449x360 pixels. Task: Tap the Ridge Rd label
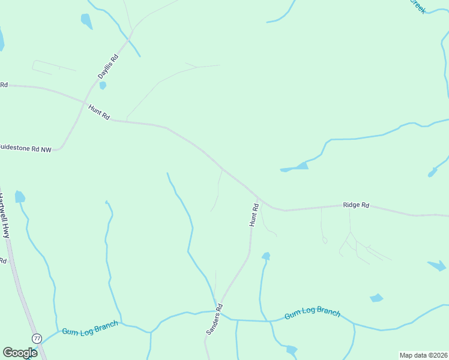tap(355, 205)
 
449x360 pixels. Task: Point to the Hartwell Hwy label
tap(5, 215)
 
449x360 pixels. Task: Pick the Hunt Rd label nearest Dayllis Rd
tap(99, 112)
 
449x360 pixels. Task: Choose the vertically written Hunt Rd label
tap(254, 215)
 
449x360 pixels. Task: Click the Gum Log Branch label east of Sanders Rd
tap(312, 313)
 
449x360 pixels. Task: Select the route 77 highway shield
tap(37, 339)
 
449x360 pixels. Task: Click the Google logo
tap(20, 353)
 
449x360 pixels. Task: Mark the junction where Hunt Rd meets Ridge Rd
tap(258, 197)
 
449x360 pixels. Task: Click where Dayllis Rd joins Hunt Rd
tap(82, 103)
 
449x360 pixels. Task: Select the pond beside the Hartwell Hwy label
tap(20, 197)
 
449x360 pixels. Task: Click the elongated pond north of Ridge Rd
tap(295, 167)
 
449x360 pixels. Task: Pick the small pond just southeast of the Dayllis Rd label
tap(103, 86)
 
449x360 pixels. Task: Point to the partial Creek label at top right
tap(417, 5)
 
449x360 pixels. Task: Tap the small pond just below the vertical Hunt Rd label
tap(265, 256)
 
